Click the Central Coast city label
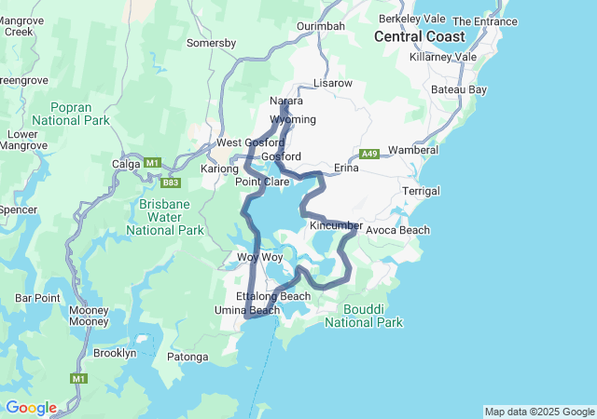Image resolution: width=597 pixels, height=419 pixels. coord(419,37)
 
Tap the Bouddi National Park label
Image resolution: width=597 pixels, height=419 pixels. coord(364,316)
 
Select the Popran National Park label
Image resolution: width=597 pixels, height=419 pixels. coord(70,114)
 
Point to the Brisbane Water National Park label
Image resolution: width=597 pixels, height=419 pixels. coord(164,217)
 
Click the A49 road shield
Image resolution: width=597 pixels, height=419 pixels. coord(370,154)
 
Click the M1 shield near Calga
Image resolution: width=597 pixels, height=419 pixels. coord(151,163)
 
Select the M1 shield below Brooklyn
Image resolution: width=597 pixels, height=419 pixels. coord(79,379)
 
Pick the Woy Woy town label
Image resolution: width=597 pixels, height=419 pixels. coord(259,257)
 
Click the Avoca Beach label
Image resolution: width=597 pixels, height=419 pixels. coord(397,230)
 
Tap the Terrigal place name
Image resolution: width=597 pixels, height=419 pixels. coord(420,191)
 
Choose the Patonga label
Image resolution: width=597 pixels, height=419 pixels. coord(187,356)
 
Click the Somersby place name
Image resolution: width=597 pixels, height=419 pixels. coord(211,43)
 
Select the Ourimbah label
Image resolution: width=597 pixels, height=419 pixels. coord(320,26)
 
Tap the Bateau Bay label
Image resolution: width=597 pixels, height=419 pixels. coord(459,89)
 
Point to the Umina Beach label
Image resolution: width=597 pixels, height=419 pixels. coord(247,310)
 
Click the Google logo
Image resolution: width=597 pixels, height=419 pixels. coord(31,408)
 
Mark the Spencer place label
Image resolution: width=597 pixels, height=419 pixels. coord(18,210)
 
